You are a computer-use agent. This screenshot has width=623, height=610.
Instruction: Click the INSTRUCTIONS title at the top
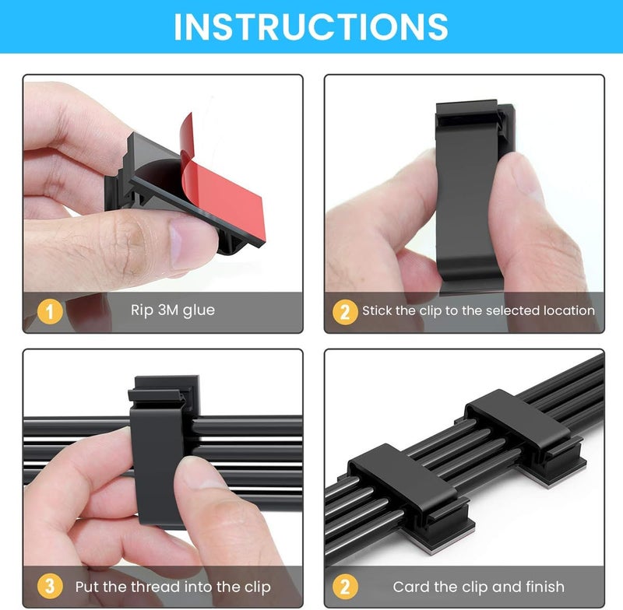(311, 26)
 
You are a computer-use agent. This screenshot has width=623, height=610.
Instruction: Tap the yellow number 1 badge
(51, 312)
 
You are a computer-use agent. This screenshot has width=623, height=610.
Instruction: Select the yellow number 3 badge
(51, 586)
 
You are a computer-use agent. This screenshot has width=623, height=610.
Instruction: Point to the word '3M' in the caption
(168, 310)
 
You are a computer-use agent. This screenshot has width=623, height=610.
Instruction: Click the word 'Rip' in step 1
(141, 311)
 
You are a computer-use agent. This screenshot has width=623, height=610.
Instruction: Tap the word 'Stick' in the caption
(378, 310)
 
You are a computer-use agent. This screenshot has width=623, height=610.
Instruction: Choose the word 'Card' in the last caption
(410, 586)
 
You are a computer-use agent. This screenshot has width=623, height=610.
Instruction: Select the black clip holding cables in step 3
(160, 443)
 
